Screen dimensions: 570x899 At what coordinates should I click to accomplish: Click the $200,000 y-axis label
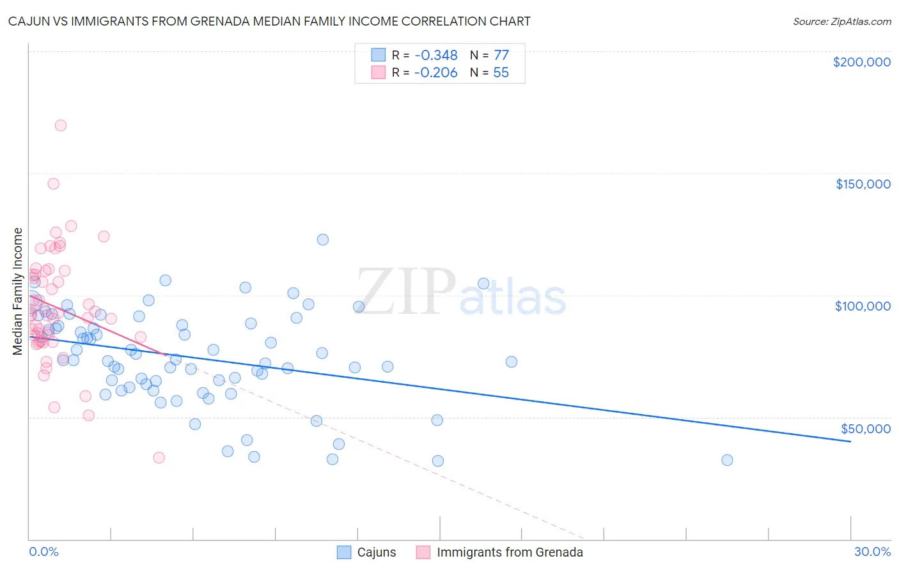tap(861, 62)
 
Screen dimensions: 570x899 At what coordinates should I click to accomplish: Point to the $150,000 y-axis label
tap(863, 184)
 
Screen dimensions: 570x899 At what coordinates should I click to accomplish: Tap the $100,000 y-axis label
tap(863, 306)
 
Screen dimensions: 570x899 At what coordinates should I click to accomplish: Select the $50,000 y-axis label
tap(865, 428)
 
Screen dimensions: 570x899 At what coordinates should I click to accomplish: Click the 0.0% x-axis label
tap(43, 552)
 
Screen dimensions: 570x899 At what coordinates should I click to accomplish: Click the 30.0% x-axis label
tap(872, 552)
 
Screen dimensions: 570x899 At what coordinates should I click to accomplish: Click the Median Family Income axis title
tap(18, 291)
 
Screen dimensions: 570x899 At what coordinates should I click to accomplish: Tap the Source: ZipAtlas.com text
tap(841, 22)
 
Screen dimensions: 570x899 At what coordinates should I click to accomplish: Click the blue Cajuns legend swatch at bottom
tap(345, 553)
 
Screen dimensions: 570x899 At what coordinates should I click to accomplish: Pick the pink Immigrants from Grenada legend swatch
tap(423, 553)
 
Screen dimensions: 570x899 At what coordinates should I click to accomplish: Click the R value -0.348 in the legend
tap(435, 56)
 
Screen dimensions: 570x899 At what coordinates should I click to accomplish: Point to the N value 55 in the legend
tap(501, 73)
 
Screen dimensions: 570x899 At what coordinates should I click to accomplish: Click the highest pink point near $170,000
tap(61, 125)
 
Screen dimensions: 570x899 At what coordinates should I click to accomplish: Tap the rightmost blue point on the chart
tap(727, 460)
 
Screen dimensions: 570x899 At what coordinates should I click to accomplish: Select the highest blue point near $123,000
tap(323, 240)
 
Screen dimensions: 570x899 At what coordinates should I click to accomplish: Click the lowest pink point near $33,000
tap(159, 458)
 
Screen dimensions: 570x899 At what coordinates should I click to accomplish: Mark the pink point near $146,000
tap(54, 183)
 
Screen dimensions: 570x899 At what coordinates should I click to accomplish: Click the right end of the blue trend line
tap(850, 442)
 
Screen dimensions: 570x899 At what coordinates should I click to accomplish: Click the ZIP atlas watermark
tap(460, 293)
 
